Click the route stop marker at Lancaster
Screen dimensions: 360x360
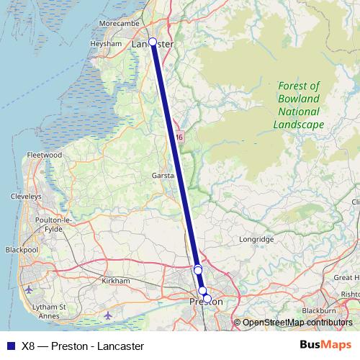pyautogui.click(x=153, y=42)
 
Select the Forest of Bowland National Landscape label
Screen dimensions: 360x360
pyautogui.click(x=299, y=105)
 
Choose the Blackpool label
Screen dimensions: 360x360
pyautogui.click(x=21, y=250)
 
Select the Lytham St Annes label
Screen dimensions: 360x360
pyautogui.click(x=53, y=310)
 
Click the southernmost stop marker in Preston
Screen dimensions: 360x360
pyautogui.click(x=207, y=298)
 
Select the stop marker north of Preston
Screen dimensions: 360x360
pyautogui.click(x=198, y=269)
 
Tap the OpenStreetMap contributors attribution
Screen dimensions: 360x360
pyautogui.click(x=297, y=323)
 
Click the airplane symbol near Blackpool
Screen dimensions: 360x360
pyautogui.click(x=28, y=289)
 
